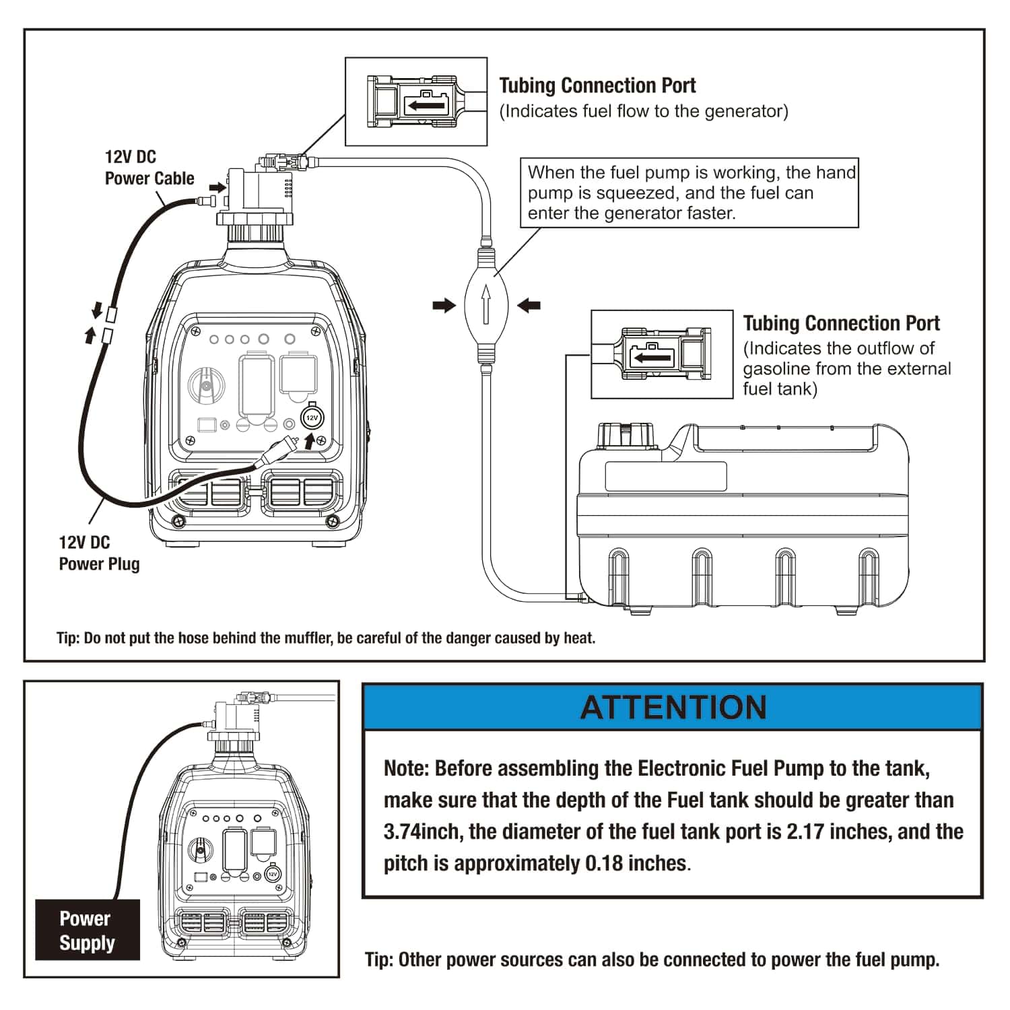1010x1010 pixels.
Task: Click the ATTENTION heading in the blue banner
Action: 673,708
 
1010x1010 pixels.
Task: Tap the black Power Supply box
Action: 88,930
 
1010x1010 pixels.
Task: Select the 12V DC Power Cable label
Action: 149,168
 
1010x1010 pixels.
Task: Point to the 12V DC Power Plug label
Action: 99,553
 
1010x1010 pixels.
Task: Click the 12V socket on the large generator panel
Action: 311,417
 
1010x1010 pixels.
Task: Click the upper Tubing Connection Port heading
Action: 597,86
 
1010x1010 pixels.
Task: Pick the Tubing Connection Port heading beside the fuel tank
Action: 841,323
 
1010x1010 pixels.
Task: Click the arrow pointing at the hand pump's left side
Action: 444,306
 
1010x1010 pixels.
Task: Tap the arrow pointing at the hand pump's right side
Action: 529,306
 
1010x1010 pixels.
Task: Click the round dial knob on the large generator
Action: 203,387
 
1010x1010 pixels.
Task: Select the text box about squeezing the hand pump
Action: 689,193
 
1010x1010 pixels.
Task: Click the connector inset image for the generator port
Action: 416,101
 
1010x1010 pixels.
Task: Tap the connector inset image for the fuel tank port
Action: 662,354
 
